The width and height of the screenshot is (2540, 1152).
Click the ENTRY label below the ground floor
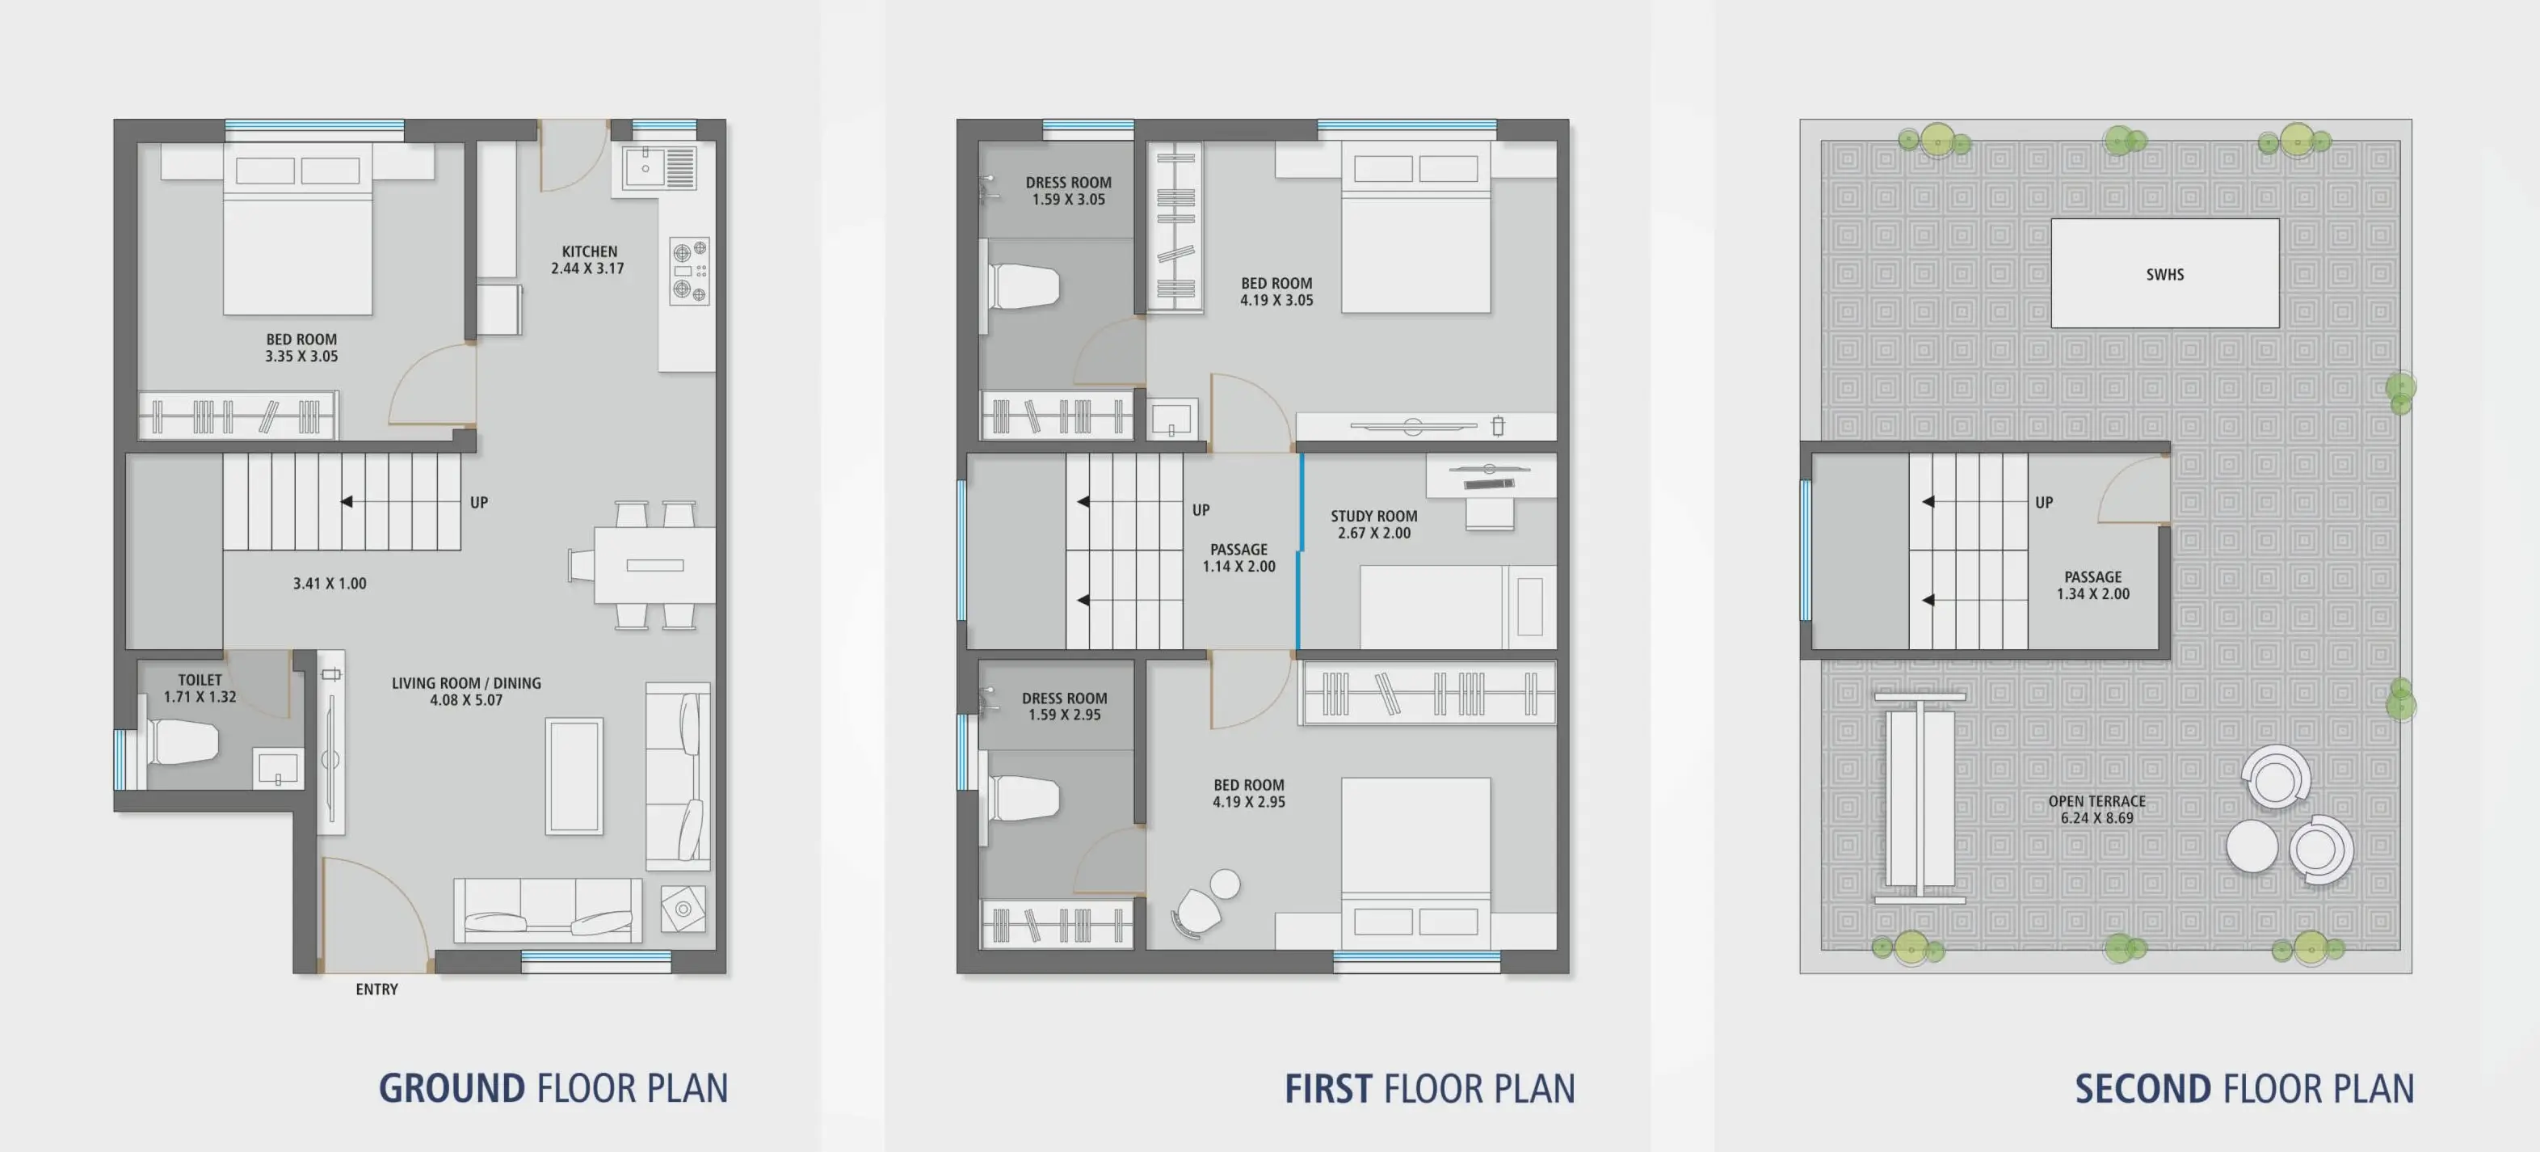(x=376, y=990)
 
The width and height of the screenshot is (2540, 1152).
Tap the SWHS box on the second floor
(x=2164, y=273)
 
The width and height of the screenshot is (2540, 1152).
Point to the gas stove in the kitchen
(x=689, y=270)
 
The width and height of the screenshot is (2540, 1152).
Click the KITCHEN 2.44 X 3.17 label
(x=589, y=260)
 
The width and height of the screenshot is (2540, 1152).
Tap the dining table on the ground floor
(x=654, y=565)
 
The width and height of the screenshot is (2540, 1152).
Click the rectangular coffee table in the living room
(x=574, y=776)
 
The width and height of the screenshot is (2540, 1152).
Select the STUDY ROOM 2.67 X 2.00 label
(x=1373, y=524)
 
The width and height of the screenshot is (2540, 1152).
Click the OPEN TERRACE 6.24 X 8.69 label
(x=2096, y=808)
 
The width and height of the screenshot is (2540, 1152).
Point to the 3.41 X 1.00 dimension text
(x=330, y=583)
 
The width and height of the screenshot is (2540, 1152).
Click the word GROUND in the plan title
(x=452, y=1088)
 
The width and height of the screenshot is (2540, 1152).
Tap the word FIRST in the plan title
(x=1327, y=1089)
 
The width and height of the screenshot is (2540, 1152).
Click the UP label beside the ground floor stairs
(x=478, y=502)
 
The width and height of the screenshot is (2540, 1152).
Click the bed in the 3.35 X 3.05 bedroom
(x=298, y=229)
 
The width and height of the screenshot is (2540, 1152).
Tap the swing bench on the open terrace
(x=1920, y=798)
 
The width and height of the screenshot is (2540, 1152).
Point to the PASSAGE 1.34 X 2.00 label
(x=2092, y=584)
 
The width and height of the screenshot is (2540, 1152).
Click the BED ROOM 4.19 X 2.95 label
(x=1248, y=793)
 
